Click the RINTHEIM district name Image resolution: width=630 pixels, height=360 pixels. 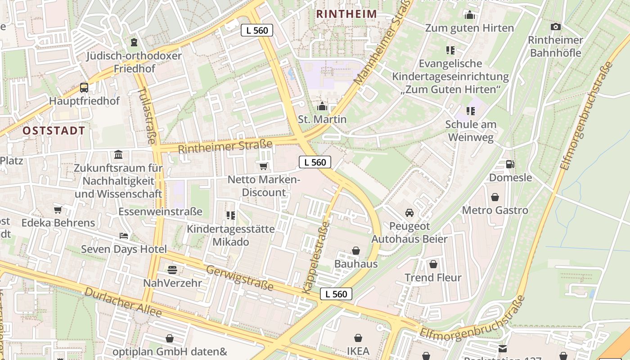[346, 14]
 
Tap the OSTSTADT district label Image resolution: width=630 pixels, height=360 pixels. [54, 131]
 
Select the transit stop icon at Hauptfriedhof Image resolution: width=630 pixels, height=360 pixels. [84, 88]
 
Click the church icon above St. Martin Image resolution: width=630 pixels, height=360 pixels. [322, 107]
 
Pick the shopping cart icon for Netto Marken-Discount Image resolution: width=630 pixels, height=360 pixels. [264, 166]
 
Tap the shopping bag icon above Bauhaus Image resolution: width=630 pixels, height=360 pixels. [356, 251]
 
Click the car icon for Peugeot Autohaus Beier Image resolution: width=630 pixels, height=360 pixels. [409, 213]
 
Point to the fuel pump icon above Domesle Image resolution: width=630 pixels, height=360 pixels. [510, 164]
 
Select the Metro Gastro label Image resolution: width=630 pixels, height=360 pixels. [495, 210]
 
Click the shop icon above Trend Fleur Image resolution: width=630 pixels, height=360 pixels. [433, 264]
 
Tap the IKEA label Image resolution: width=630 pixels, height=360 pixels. [358, 351]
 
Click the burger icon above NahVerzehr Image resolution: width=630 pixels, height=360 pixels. [172, 270]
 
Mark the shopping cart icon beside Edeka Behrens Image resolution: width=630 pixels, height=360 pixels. [58, 210]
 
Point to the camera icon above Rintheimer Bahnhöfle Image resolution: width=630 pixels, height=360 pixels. [555, 27]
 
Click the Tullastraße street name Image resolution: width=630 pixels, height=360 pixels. [146, 115]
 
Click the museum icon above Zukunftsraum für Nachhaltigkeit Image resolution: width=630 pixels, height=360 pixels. [118, 155]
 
